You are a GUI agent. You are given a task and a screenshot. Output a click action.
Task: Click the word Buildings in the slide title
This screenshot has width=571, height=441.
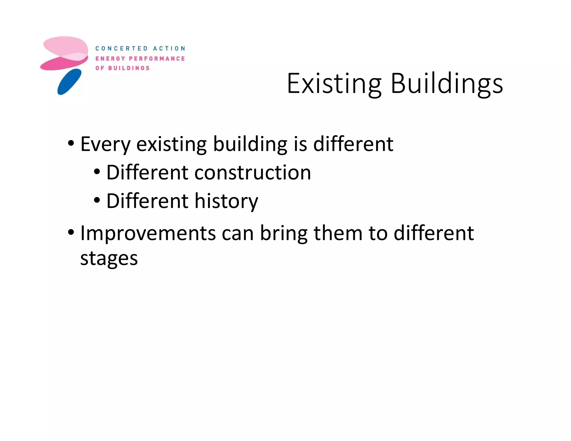pyautogui.click(x=447, y=84)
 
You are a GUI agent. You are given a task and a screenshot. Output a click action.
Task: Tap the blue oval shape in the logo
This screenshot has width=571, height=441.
pyautogui.click(x=69, y=82)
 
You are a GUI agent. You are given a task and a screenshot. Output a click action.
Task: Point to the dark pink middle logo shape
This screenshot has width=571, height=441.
pyautogui.click(x=60, y=64)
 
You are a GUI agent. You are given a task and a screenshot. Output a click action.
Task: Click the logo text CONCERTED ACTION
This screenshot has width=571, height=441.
pyautogui.click(x=140, y=49)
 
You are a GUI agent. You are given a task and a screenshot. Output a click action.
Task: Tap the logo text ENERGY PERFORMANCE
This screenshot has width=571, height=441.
pyautogui.click(x=140, y=59)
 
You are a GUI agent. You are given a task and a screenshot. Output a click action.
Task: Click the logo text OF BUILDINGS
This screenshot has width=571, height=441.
pyautogui.click(x=122, y=68)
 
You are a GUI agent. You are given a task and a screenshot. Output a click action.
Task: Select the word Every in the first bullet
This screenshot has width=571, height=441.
pyautogui.click(x=105, y=144)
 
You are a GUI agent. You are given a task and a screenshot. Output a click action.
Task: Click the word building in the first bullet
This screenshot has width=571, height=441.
pyautogui.click(x=250, y=144)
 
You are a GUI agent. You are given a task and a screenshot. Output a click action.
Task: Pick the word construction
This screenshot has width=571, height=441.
pyautogui.click(x=253, y=173)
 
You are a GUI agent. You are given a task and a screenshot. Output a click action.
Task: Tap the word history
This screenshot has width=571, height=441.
pyautogui.click(x=226, y=201)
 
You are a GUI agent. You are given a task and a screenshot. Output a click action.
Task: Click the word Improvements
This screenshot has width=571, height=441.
pyautogui.click(x=148, y=233)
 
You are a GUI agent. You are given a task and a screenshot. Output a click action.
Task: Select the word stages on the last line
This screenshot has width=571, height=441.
pyautogui.click(x=109, y=258)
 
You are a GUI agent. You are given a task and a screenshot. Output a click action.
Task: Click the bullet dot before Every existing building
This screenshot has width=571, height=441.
pyautogui.click(x=71, y=143)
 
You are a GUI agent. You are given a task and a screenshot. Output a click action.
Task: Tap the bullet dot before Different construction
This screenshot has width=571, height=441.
pyautogui.click(x=97, y=171)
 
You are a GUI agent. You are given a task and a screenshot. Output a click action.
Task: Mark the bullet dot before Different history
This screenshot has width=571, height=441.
pyautogui.click(x=97, y=200)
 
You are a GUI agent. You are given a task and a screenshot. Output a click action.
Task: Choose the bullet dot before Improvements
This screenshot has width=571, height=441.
pyautogui.click(x=71, y=232)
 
